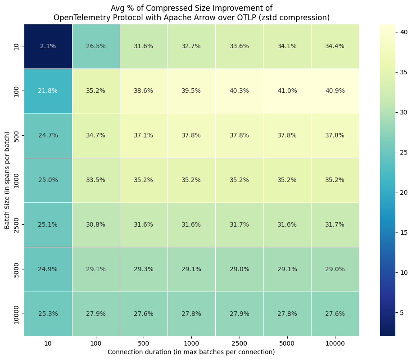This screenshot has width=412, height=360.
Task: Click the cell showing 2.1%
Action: [48, 46]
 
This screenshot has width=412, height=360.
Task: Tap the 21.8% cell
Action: [48, 91]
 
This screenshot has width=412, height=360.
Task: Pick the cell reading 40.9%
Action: [335, 91]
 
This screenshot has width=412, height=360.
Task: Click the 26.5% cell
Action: [95, 46]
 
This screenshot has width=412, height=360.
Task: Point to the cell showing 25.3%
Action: [48, 313]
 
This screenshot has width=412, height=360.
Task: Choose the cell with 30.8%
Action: [95, 224]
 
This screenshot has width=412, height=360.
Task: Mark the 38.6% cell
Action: [144, 91]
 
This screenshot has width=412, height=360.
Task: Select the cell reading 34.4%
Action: [335, 46]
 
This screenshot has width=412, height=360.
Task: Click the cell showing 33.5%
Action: [95, 180]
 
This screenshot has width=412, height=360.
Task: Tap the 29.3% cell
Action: [144, 269]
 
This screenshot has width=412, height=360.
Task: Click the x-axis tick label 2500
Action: [239, 343]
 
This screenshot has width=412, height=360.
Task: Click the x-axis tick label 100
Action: [95, 343]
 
